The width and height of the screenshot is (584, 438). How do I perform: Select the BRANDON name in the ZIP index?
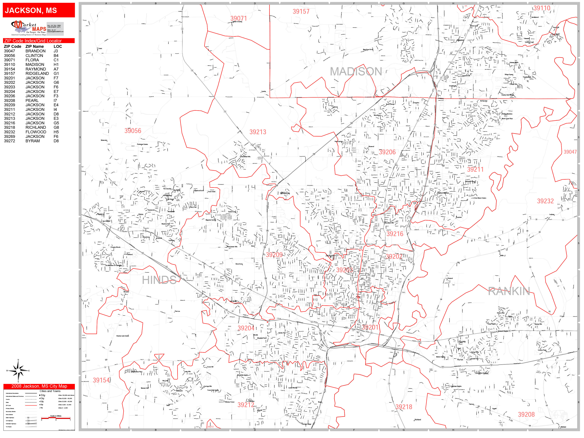(x=35, y=51)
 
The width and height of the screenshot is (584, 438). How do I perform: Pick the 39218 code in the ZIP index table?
(x=9, y=127)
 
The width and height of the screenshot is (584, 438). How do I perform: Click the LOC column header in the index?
(x=58, y=46)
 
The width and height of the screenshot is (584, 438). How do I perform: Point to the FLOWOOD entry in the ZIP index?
(x=36, y=132)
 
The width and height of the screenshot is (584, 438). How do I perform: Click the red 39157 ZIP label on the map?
(x=301, y=11)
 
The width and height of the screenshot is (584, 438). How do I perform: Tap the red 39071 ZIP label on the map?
(x=238, y=18)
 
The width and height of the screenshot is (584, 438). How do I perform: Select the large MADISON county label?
(x=356, y=71)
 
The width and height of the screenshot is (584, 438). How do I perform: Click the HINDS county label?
(x=159, y=280)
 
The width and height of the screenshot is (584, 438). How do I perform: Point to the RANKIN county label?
(x=509, y=291)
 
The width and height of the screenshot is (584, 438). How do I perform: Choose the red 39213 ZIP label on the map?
(x=258, y=132)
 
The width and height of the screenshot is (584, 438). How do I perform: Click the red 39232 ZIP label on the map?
(x=545, y=201)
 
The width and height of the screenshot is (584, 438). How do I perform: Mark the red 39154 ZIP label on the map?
(x=101, y=380)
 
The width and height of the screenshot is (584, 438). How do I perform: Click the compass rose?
(x=18, y=371)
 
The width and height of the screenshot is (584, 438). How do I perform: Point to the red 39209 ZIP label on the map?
(x=274, y=254)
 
